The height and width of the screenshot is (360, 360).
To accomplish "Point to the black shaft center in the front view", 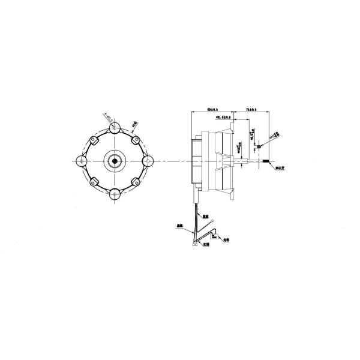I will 113,160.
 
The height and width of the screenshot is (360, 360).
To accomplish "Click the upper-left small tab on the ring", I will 93,140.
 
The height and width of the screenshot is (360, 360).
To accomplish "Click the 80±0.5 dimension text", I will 211,110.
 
